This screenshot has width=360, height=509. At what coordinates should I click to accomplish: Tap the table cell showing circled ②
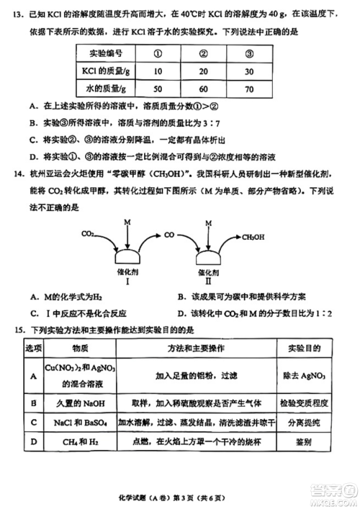(x=204, y=53)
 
